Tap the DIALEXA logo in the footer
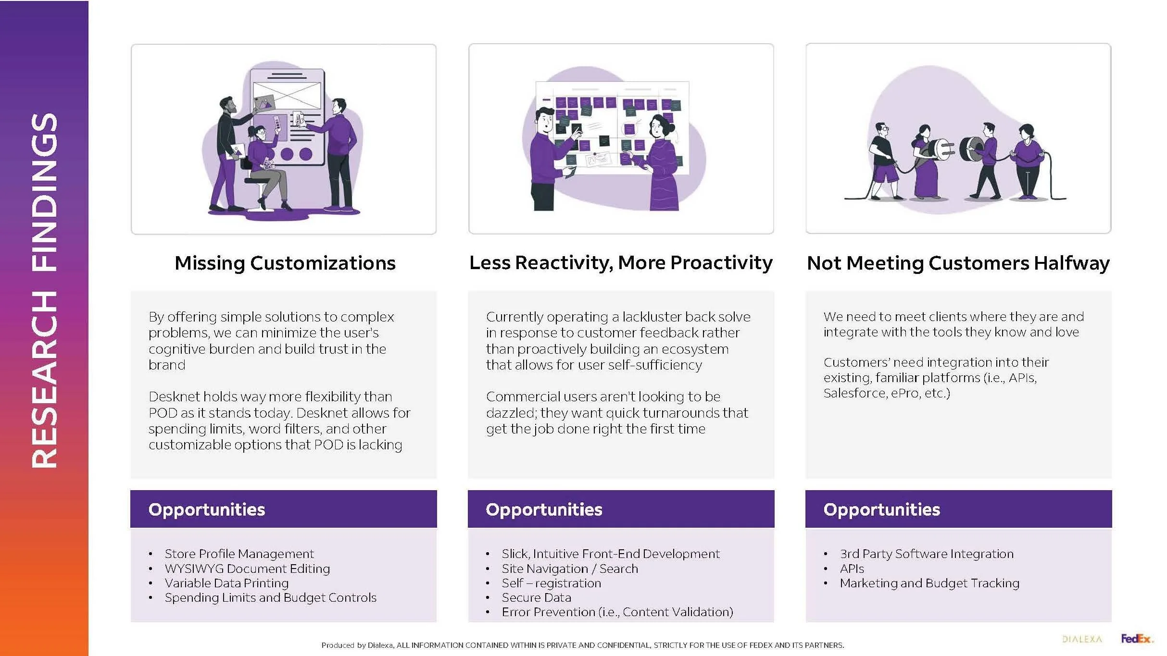[1082, 639]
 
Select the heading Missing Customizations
[285, 263]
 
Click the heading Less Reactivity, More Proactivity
[620, 262]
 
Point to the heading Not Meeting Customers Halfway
[958, 263]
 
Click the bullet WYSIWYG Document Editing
[247, 569]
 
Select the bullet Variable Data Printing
[226, 583]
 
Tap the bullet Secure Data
[536, 597]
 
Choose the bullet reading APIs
[852, 569]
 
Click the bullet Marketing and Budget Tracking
[929, 583]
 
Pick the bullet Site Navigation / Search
[570, 569]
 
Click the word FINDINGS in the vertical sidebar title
[44, 192]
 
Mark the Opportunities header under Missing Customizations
[207, 509]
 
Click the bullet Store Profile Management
[239, 554]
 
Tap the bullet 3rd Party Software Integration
[926, 554]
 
